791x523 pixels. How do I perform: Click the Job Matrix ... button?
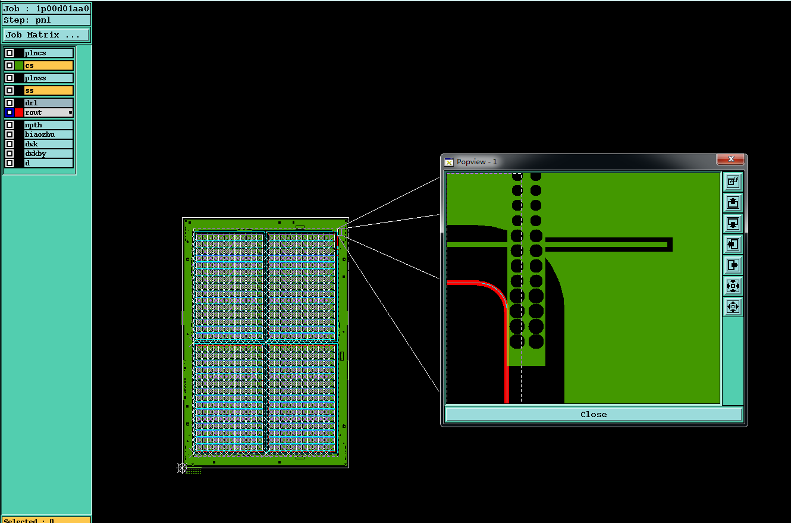46,35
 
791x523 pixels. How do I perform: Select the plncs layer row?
39,53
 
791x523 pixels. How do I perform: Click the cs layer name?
29,65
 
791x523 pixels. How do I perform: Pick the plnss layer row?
39,78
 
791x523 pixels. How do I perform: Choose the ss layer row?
39,90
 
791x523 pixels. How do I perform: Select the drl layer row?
39,103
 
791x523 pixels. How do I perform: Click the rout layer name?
33,112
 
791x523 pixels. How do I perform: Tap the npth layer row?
39,125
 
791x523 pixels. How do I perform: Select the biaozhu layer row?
39,134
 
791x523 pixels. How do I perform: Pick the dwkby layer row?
39,154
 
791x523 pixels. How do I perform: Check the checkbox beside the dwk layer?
10,144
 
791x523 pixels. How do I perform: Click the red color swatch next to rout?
19,112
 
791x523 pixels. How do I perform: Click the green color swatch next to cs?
19,65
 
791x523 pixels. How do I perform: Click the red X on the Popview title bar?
730,159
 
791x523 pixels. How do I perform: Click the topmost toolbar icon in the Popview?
733,181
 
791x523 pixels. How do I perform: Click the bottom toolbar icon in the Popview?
733,306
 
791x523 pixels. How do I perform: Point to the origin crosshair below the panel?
182,468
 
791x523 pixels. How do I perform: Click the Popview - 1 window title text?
477,161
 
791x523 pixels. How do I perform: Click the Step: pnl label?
27,20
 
